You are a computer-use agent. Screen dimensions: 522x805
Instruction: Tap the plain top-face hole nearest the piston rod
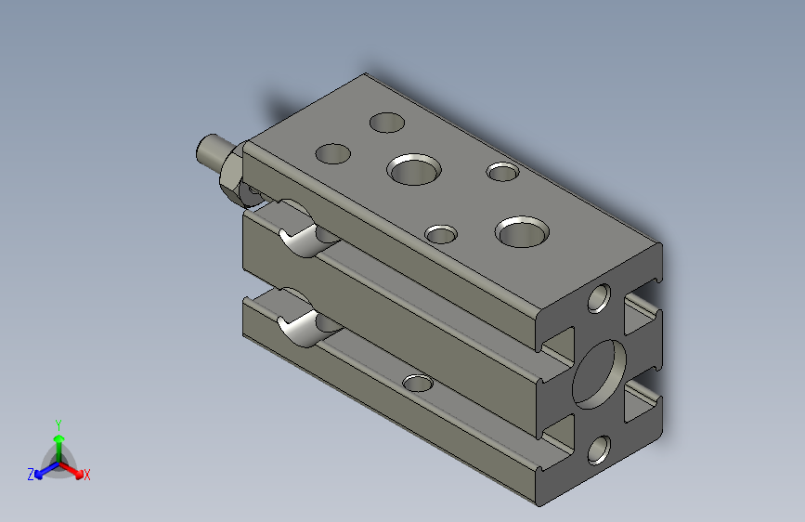332,153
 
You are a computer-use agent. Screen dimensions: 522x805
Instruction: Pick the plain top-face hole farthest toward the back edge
386,122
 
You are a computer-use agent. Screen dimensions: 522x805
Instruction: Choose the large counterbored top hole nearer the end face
523,230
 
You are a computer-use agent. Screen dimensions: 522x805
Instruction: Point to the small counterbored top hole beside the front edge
441,233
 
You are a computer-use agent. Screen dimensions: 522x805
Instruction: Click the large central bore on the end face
599,372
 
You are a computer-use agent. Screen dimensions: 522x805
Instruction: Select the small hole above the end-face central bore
599,298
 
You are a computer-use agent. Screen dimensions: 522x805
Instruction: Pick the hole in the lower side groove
418,382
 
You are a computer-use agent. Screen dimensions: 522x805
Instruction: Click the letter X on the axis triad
87,476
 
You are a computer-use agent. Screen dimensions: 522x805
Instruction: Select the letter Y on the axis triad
58,423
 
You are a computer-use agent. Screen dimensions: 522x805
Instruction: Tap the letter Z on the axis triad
31,475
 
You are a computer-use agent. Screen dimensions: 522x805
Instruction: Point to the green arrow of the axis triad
58,441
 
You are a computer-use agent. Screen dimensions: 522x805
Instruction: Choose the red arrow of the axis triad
73,470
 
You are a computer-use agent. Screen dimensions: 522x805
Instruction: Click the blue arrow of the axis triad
43,471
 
